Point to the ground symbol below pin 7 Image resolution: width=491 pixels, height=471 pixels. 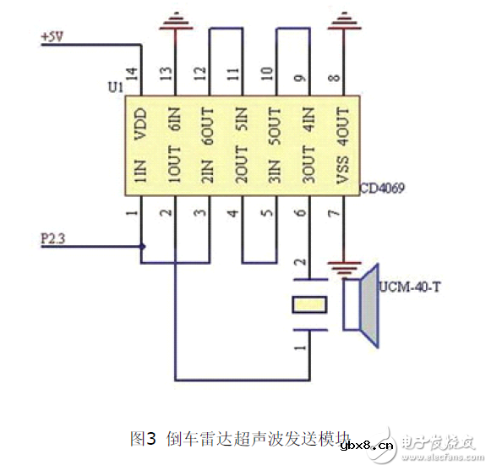click(x=343, y=269)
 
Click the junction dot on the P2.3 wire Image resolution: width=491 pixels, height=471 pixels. click(x=143, y=247)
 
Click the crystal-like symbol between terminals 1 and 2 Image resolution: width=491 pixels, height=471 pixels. click(x=309, y=304)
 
